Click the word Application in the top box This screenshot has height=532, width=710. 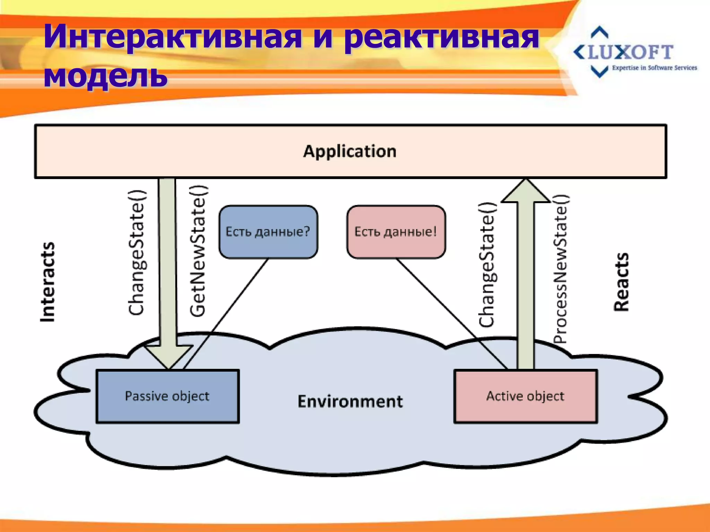pyautogui.click(x=350, y=151)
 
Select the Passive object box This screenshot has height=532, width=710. pyautogui.click(x=167, y=396)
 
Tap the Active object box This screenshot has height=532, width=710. pyautogui.click(x=525, y=396)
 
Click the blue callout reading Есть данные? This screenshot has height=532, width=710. pyautogui.click(x=268, y=232)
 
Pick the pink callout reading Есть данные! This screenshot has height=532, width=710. pyautogui.click(x=396, y=232)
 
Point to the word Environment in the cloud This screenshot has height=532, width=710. pyautogui.click(x=350, y=401)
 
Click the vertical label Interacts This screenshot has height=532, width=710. pyautogui.click(x=47, y=282)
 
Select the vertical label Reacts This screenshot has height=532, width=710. pyautogui.click(x=621, y=282)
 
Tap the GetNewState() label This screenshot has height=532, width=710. pyautogui.click(x=198, y=251)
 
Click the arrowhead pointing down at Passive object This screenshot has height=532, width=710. pyautogui.click(x=168, y=357)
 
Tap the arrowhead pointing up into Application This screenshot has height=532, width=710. pyautogui.click(x=526, y=191)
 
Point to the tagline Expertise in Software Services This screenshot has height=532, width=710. pyautogui.click(x=654, y=68)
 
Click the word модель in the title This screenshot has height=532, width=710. pyautogui.click(x=105, y=75)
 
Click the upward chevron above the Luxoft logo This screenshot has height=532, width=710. pyautogui.click(x=599, y=32)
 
